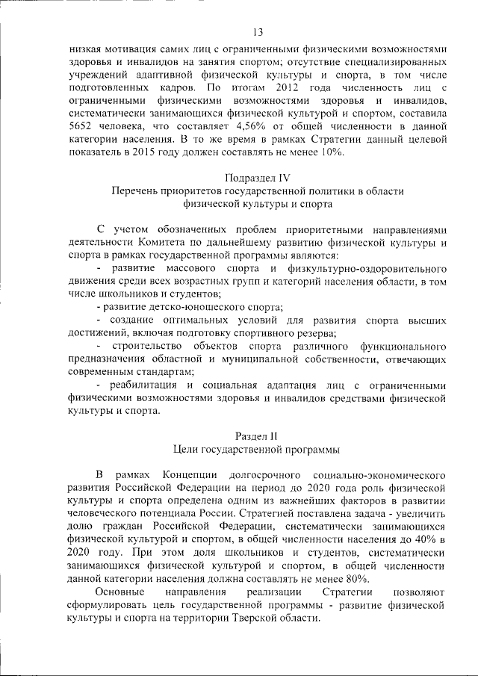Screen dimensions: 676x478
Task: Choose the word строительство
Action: [146, 347]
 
